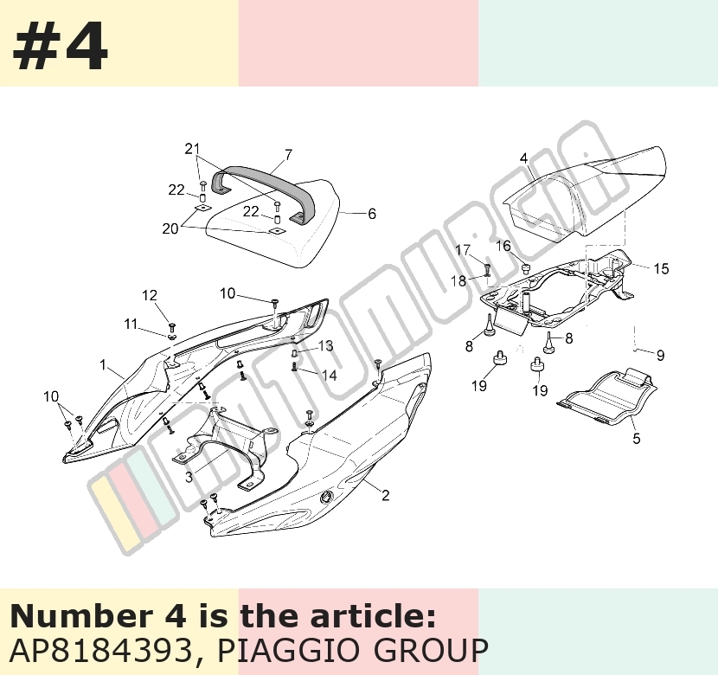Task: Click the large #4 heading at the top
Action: click(x=60, y=46)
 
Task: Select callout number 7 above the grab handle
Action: click(x=288, y=155)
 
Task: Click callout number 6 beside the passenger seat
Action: click(x=372, y=214)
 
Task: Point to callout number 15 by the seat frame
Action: click(x=661, y=268)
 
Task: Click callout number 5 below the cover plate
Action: click(x=637, y=438)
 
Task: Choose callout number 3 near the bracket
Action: click(x=189, y=477)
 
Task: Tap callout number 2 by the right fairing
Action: click(x=386, y=495)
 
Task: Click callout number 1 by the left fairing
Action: click(x=103, y=364)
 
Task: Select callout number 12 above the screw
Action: click(x=150, y=295)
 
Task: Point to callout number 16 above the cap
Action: click(x=503, y=246)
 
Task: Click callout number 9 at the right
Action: click(x=660, y=355)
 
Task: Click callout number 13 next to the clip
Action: click(x=325, y=346)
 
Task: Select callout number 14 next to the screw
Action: click(x=329, y=376)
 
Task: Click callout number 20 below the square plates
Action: click(x=170, y=228)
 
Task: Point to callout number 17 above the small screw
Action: click(x=463, y=250)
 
